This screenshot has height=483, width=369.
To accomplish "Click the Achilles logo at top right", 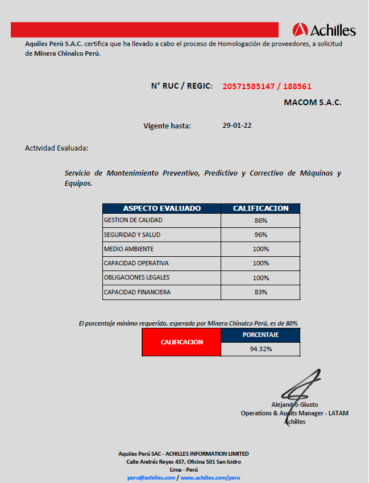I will (x=324, y=30).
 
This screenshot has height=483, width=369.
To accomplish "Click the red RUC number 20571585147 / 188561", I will (x=267, y=86).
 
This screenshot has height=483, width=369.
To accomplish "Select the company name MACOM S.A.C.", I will (x=312, y=103).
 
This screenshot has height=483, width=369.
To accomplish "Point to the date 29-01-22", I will (x=237, y=126).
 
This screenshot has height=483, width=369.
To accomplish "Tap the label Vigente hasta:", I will (x=167, y=126).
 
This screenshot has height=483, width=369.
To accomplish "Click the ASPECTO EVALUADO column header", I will (x=161, y=209).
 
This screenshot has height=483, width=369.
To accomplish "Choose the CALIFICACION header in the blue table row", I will (x=260, y=209).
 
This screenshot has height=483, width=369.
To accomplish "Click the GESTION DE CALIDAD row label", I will (x=133, y=220).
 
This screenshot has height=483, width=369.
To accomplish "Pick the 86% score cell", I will (x=260, y=220).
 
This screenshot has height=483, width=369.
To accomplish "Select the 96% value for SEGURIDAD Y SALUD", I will (x=260, y=235).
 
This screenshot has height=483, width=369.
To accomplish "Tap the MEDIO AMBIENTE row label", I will (x=128, y=249).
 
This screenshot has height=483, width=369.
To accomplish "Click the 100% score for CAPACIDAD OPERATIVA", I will (x=260, y=263).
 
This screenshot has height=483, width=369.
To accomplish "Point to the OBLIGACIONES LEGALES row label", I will (x=136, y=278).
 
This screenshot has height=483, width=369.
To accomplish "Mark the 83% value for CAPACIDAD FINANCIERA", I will (x=260, y=292).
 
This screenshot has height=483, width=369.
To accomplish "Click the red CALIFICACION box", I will (x=181, y=343).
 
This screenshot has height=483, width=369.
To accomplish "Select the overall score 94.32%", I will (x=260, y=349).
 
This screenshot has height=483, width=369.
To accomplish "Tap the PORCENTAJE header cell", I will (x=260, y=335).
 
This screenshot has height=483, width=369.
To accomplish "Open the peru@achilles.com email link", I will (x=151, y=478).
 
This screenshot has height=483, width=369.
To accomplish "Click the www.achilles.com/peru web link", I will (x=210, y=478).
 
